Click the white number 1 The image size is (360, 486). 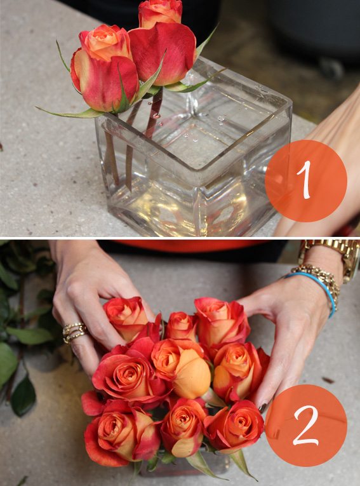[305, 180]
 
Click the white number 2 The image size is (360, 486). [306, 425]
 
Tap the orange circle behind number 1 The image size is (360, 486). [306, 180]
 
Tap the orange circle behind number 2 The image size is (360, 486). [306, 426]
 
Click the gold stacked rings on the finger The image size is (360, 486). [74, 332]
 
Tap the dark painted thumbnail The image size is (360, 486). [263, 407]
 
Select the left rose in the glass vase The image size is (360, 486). [103, 70]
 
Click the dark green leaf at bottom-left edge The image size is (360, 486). [23, 396]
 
